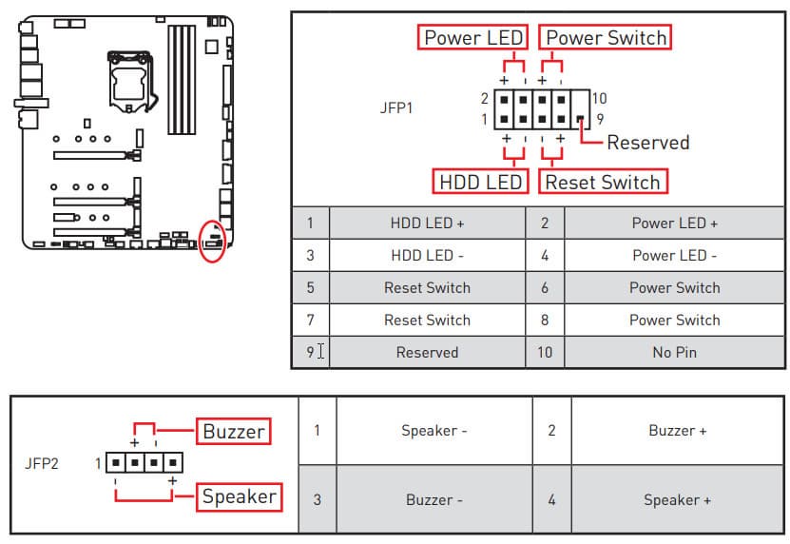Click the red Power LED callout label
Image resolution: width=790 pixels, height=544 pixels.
pos(472,37)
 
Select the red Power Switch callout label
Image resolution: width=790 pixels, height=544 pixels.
pos(605,37)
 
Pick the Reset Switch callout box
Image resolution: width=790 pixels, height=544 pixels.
pos(602,181)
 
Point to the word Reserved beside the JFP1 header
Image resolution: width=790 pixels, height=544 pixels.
pos(647,143)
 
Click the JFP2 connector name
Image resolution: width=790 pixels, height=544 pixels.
pos(41,464)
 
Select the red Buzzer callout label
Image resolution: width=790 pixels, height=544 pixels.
pos(234,431)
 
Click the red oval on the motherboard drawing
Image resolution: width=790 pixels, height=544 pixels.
pos(214,241)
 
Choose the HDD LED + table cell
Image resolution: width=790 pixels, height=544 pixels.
pos(427,223)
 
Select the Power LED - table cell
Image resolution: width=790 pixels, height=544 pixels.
pos(674,255)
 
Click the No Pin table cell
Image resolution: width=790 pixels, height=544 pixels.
pos(674,352)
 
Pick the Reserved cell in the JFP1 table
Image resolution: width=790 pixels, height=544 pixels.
pos(427,352)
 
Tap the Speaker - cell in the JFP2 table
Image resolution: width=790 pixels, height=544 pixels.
pos(434,430)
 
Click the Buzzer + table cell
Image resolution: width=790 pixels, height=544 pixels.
pos(677,430)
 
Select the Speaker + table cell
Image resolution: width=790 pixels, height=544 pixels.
pos(677,499)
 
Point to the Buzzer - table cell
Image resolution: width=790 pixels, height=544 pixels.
pos(434,499)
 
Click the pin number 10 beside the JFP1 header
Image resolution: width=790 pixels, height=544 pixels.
pos(598,98)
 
